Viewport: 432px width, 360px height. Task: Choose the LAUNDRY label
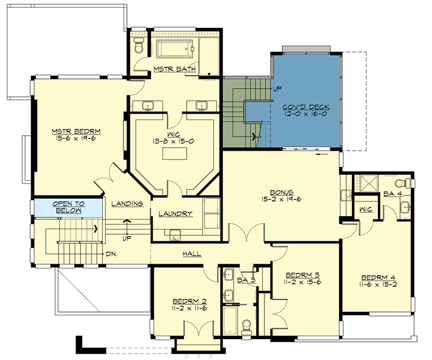(175, 214)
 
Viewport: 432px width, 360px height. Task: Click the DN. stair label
(112, 254)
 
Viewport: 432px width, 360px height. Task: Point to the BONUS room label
(280, 192)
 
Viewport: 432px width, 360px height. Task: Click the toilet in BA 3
(246, 325)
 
